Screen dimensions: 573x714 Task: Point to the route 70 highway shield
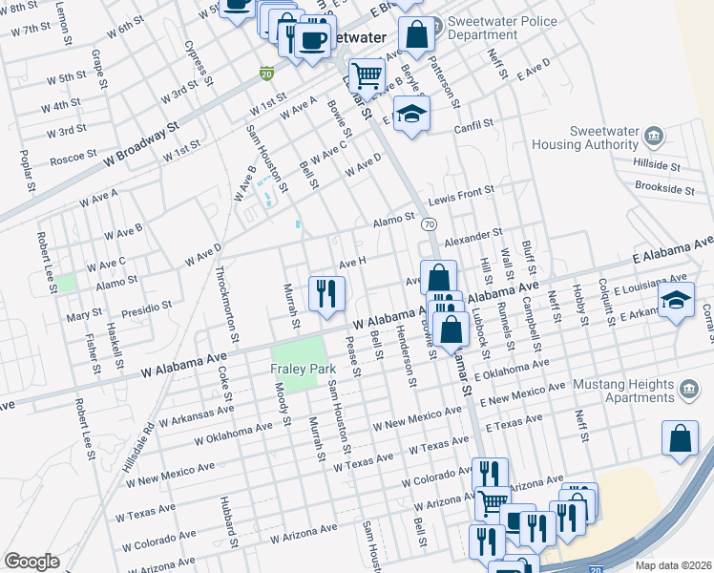(x=429, y=223)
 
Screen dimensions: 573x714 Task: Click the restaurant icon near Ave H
(x=326, y=292)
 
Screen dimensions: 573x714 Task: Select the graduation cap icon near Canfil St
(x=411, y=115)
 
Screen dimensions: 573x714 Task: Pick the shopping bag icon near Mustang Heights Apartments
(x=679, y=438)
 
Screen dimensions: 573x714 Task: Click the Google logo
(x=31, y=562)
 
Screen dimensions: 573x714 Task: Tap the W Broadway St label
(x=142, y=139)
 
